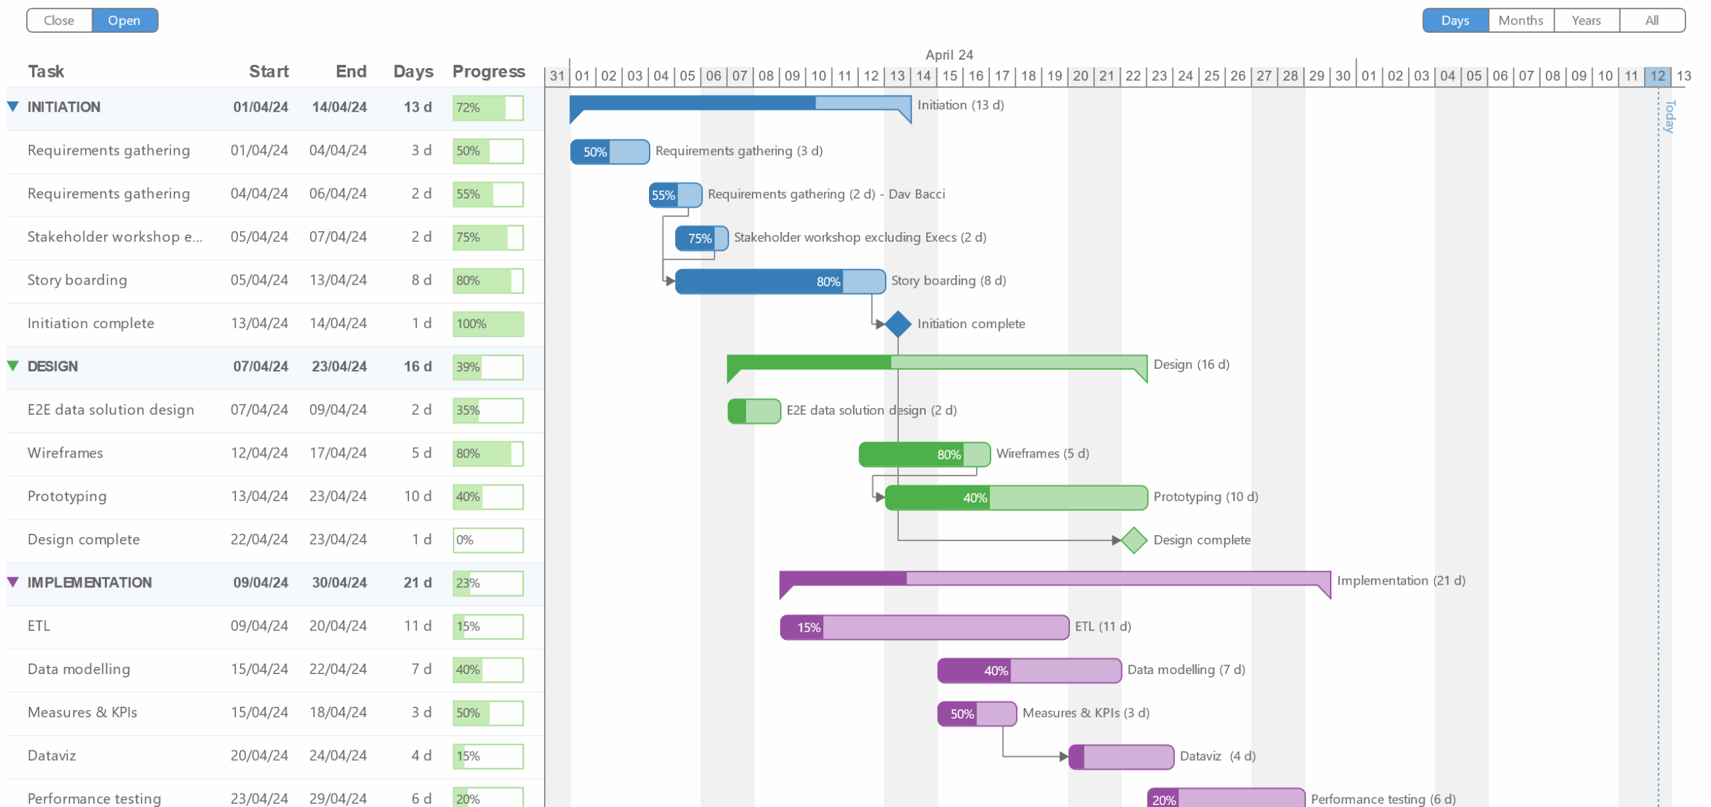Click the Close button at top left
coord(59,20)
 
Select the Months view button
coord(1520,20)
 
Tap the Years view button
coord(1585,20)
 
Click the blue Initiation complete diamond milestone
coord(898,324)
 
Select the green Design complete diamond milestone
coord(1134,540)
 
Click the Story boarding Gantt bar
coord(779,281)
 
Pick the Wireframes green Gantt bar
coord(924,454)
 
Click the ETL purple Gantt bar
coord(924,627)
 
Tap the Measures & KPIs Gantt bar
coord(976,713)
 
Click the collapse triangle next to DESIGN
coord(13,366)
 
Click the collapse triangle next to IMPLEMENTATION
coord(13,582)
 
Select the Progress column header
coord(488,71)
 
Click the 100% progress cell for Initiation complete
coord(488,324)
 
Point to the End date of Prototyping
coord(338,496)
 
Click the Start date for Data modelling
coord(259,669)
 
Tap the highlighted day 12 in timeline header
coord(1657,76)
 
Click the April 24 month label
coord(948,55)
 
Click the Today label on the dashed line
coord(1669,117)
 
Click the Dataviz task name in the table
coord(51,756)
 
